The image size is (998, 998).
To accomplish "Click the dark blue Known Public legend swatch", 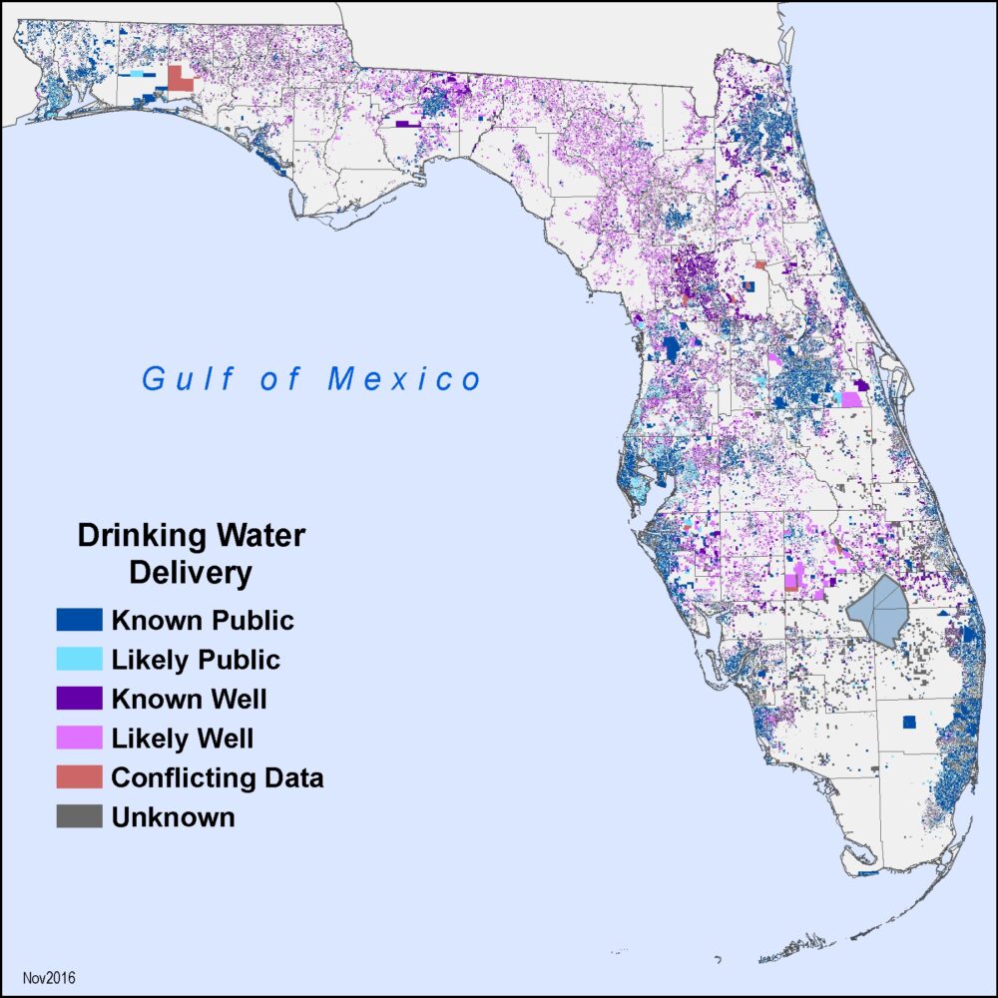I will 79,620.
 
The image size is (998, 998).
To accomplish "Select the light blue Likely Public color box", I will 79,660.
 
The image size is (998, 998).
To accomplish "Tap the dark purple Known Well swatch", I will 79,699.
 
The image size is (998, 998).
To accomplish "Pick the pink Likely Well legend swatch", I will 79,739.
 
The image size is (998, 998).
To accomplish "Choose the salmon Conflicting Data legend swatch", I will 79,777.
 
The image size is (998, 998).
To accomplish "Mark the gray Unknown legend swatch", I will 79,816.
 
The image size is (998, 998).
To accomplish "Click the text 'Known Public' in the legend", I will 203,621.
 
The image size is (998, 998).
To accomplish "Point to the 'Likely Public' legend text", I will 196,660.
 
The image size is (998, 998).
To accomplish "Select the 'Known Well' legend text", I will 189,699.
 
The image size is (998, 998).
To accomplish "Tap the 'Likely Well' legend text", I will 183,739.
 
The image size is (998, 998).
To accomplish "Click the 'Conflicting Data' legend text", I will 218,777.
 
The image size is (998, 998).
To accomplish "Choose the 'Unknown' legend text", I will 174,816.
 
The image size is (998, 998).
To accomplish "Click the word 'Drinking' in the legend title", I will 136,537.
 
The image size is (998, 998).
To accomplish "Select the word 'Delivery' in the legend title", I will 192,574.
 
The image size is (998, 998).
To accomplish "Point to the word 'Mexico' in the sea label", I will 404,379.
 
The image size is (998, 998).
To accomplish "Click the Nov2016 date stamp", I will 49,975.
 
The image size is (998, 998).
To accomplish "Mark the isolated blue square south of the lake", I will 908,722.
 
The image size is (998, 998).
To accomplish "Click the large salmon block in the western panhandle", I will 180,79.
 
